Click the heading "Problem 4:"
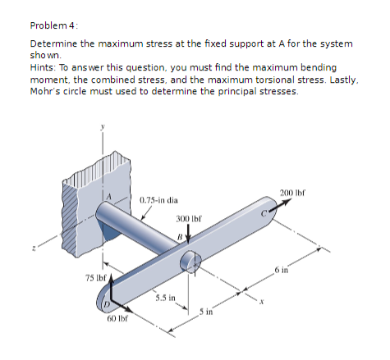click(x=52, y=25)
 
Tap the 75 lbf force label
click(x=94, y=278)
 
